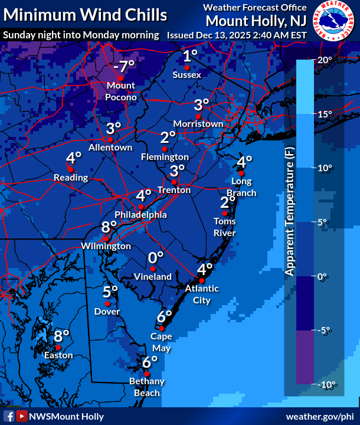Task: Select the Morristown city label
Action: pos(198,124)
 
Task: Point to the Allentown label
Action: pos(110,147)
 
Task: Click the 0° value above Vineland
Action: pos(155,257)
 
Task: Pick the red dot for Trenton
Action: pos(174,182)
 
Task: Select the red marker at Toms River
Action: pos(224,213)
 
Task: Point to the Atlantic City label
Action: pos(201,294)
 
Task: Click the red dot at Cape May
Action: pos(161,328)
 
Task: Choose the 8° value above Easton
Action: pos(61,336)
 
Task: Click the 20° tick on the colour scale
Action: pos(325,60)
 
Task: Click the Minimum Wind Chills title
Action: pos(84,15)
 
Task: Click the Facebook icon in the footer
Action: pos(9,416)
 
